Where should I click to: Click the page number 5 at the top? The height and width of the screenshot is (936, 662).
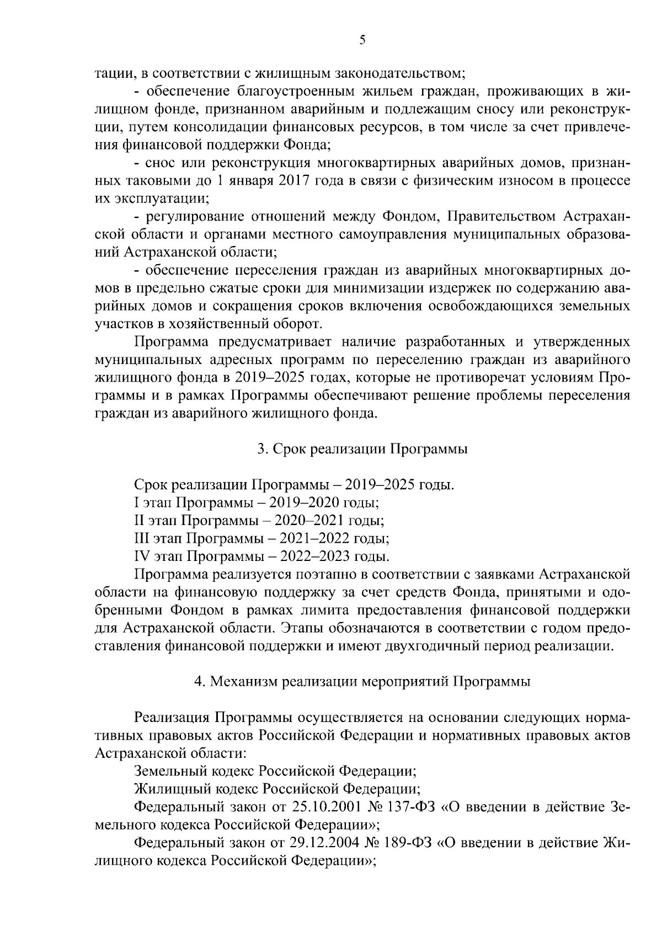point(362,39)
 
